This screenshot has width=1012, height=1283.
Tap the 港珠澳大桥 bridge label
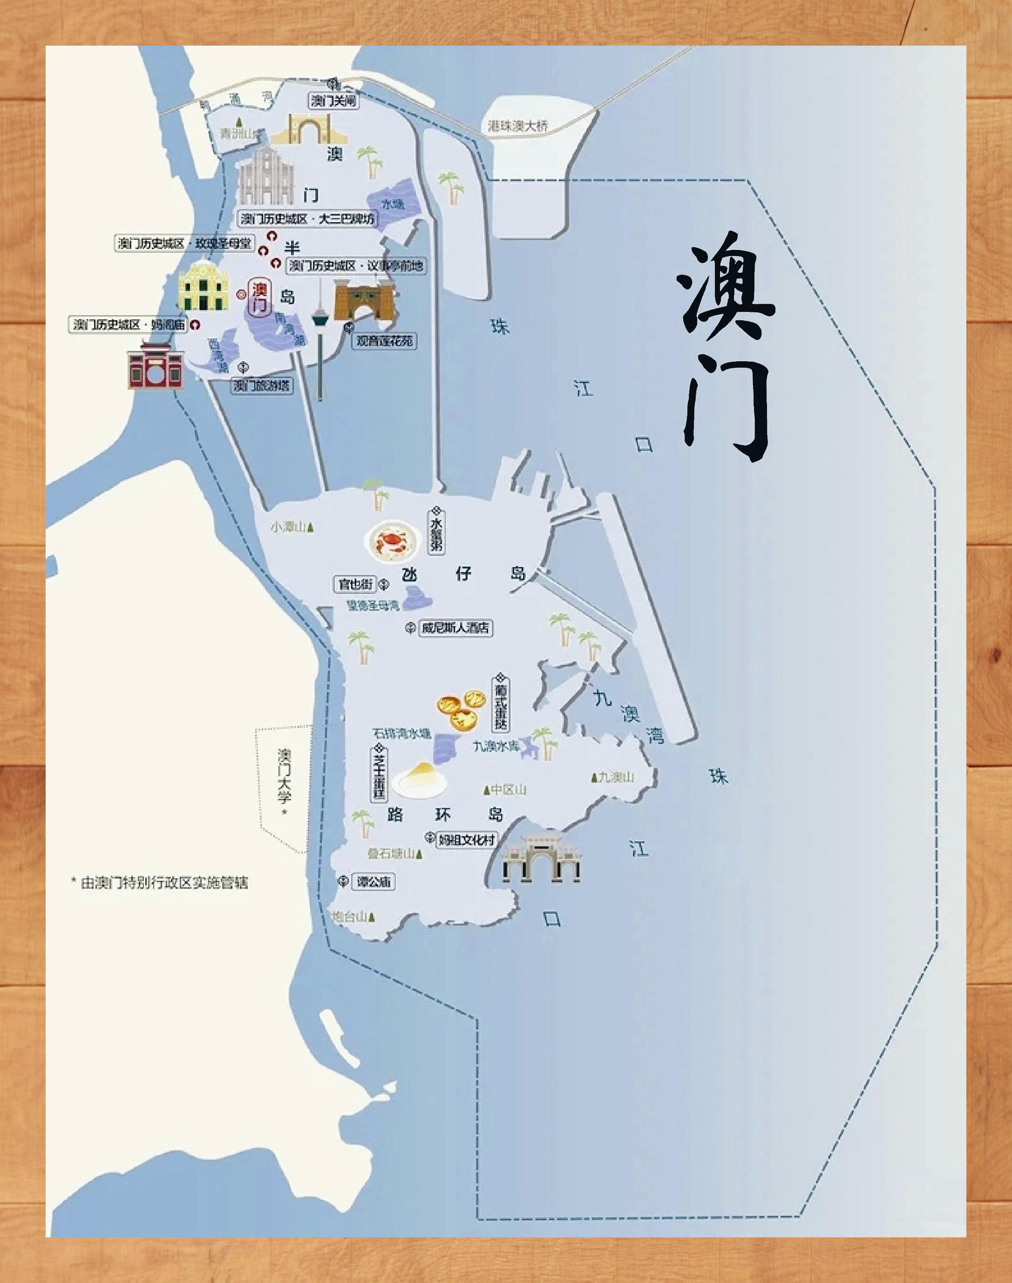tap(517, 126)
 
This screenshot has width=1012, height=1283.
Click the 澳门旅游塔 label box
tap(261, 385)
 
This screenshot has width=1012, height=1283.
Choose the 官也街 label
tap(355, 584)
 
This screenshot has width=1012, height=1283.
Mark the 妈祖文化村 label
tap(466, 839)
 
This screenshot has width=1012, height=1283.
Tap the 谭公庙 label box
tap(374, 882)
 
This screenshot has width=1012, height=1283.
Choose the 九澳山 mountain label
tap(614, 777)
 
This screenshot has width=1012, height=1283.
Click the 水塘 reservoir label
tap(393, 204)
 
